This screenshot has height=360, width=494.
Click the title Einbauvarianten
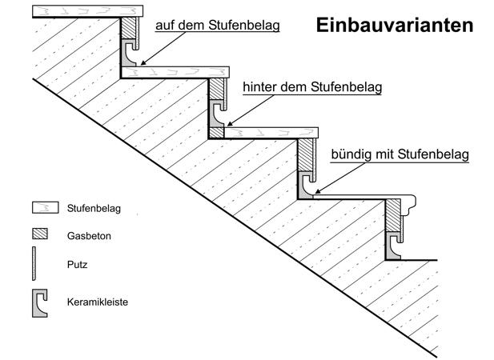[x=394, y=25]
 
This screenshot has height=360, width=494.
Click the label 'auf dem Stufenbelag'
[x=218, y=26]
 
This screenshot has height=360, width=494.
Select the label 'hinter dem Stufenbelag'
[x=311, y=86]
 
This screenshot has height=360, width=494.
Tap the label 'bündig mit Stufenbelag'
[x=400, y=153]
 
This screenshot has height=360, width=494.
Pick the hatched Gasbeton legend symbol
[x=40, y=235]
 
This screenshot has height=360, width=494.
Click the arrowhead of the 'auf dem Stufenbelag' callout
[x=139, y=62]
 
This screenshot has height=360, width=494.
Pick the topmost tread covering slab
[x=88, y=10]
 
